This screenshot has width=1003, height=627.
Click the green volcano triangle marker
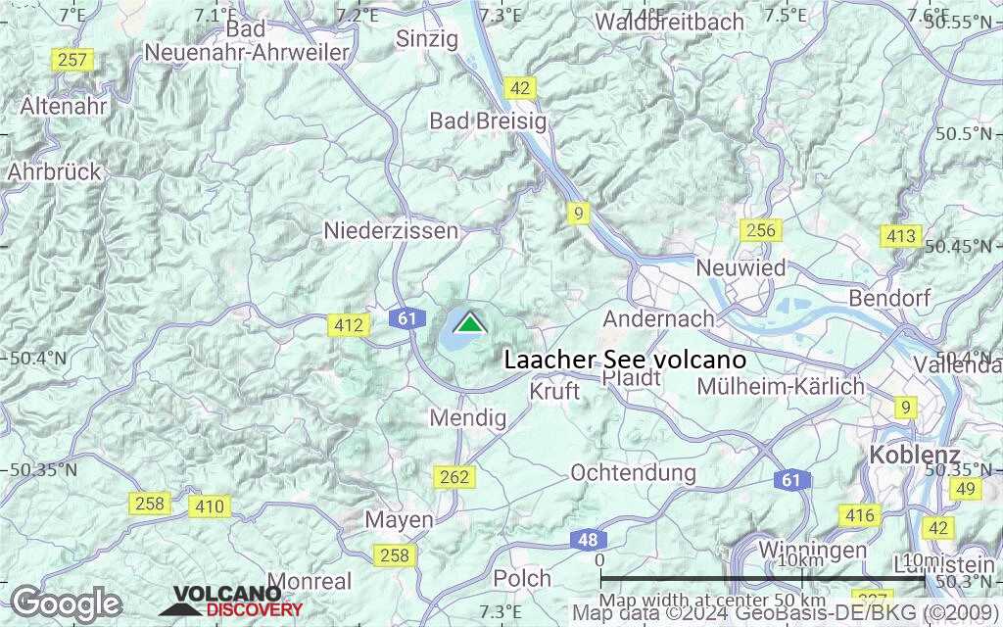click(x=470, y=323)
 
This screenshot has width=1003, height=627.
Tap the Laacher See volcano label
click(x=625, y=360)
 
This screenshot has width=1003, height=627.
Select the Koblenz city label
click(x=915, y=455)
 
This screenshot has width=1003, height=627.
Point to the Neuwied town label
click(x=740, y=266)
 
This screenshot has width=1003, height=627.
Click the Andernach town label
click(x=658, y=318)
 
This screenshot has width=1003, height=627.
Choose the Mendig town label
click(x=468, y=418)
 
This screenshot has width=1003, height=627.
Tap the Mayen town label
click(x=399, y=519)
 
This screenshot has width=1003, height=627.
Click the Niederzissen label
click(x=391, y=230)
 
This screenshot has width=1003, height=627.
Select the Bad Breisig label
click(x=488, y=121)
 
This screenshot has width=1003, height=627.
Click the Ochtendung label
click(x=634, y=472)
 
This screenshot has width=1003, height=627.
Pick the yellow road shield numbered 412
click(x=349, y=325)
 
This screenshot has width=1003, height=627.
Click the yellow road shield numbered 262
click(x=455, y=477)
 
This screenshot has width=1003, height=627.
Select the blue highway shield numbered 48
click(x=588, y=540)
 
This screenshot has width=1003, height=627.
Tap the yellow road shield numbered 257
click(x=72, y=61)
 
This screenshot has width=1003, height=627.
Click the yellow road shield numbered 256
click(x=760, y=231)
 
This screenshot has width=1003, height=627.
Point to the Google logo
click(x=66, y=603)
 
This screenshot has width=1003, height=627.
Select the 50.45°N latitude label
click(x=962, y=246)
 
